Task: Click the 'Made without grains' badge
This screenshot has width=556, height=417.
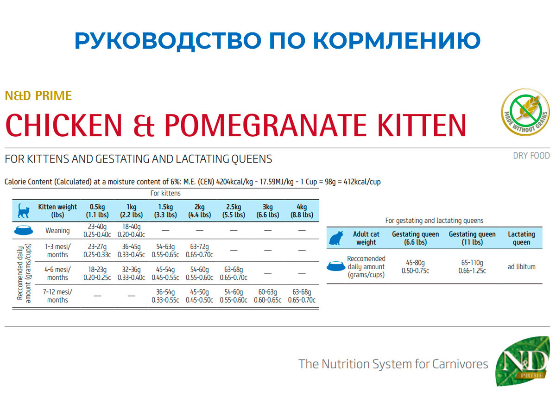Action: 525,112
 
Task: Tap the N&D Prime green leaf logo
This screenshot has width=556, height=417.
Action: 523,361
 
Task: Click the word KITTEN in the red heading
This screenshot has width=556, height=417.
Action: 422,125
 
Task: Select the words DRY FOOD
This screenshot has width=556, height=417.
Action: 531,156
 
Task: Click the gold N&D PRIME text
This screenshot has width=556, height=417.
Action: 38,96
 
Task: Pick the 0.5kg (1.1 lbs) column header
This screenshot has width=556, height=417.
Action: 97,211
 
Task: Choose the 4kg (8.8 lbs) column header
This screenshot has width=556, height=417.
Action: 302,211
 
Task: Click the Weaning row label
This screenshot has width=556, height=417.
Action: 57,231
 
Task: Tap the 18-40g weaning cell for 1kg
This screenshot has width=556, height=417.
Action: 131,231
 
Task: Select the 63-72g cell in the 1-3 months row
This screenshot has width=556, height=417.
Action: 199,251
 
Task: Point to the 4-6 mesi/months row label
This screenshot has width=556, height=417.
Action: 57,273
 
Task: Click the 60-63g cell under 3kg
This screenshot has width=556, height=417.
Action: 267,296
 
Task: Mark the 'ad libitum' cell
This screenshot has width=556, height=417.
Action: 521,266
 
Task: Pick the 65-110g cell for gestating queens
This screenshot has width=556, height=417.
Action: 472,266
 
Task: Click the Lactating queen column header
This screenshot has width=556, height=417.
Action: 521,238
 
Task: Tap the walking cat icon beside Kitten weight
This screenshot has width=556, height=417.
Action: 24,211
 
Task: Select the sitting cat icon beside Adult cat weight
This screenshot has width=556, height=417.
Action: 336,238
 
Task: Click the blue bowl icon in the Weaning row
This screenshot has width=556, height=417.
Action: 24,230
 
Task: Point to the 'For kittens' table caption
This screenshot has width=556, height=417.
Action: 165,193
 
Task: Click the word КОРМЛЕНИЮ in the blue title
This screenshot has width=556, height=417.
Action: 397,40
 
